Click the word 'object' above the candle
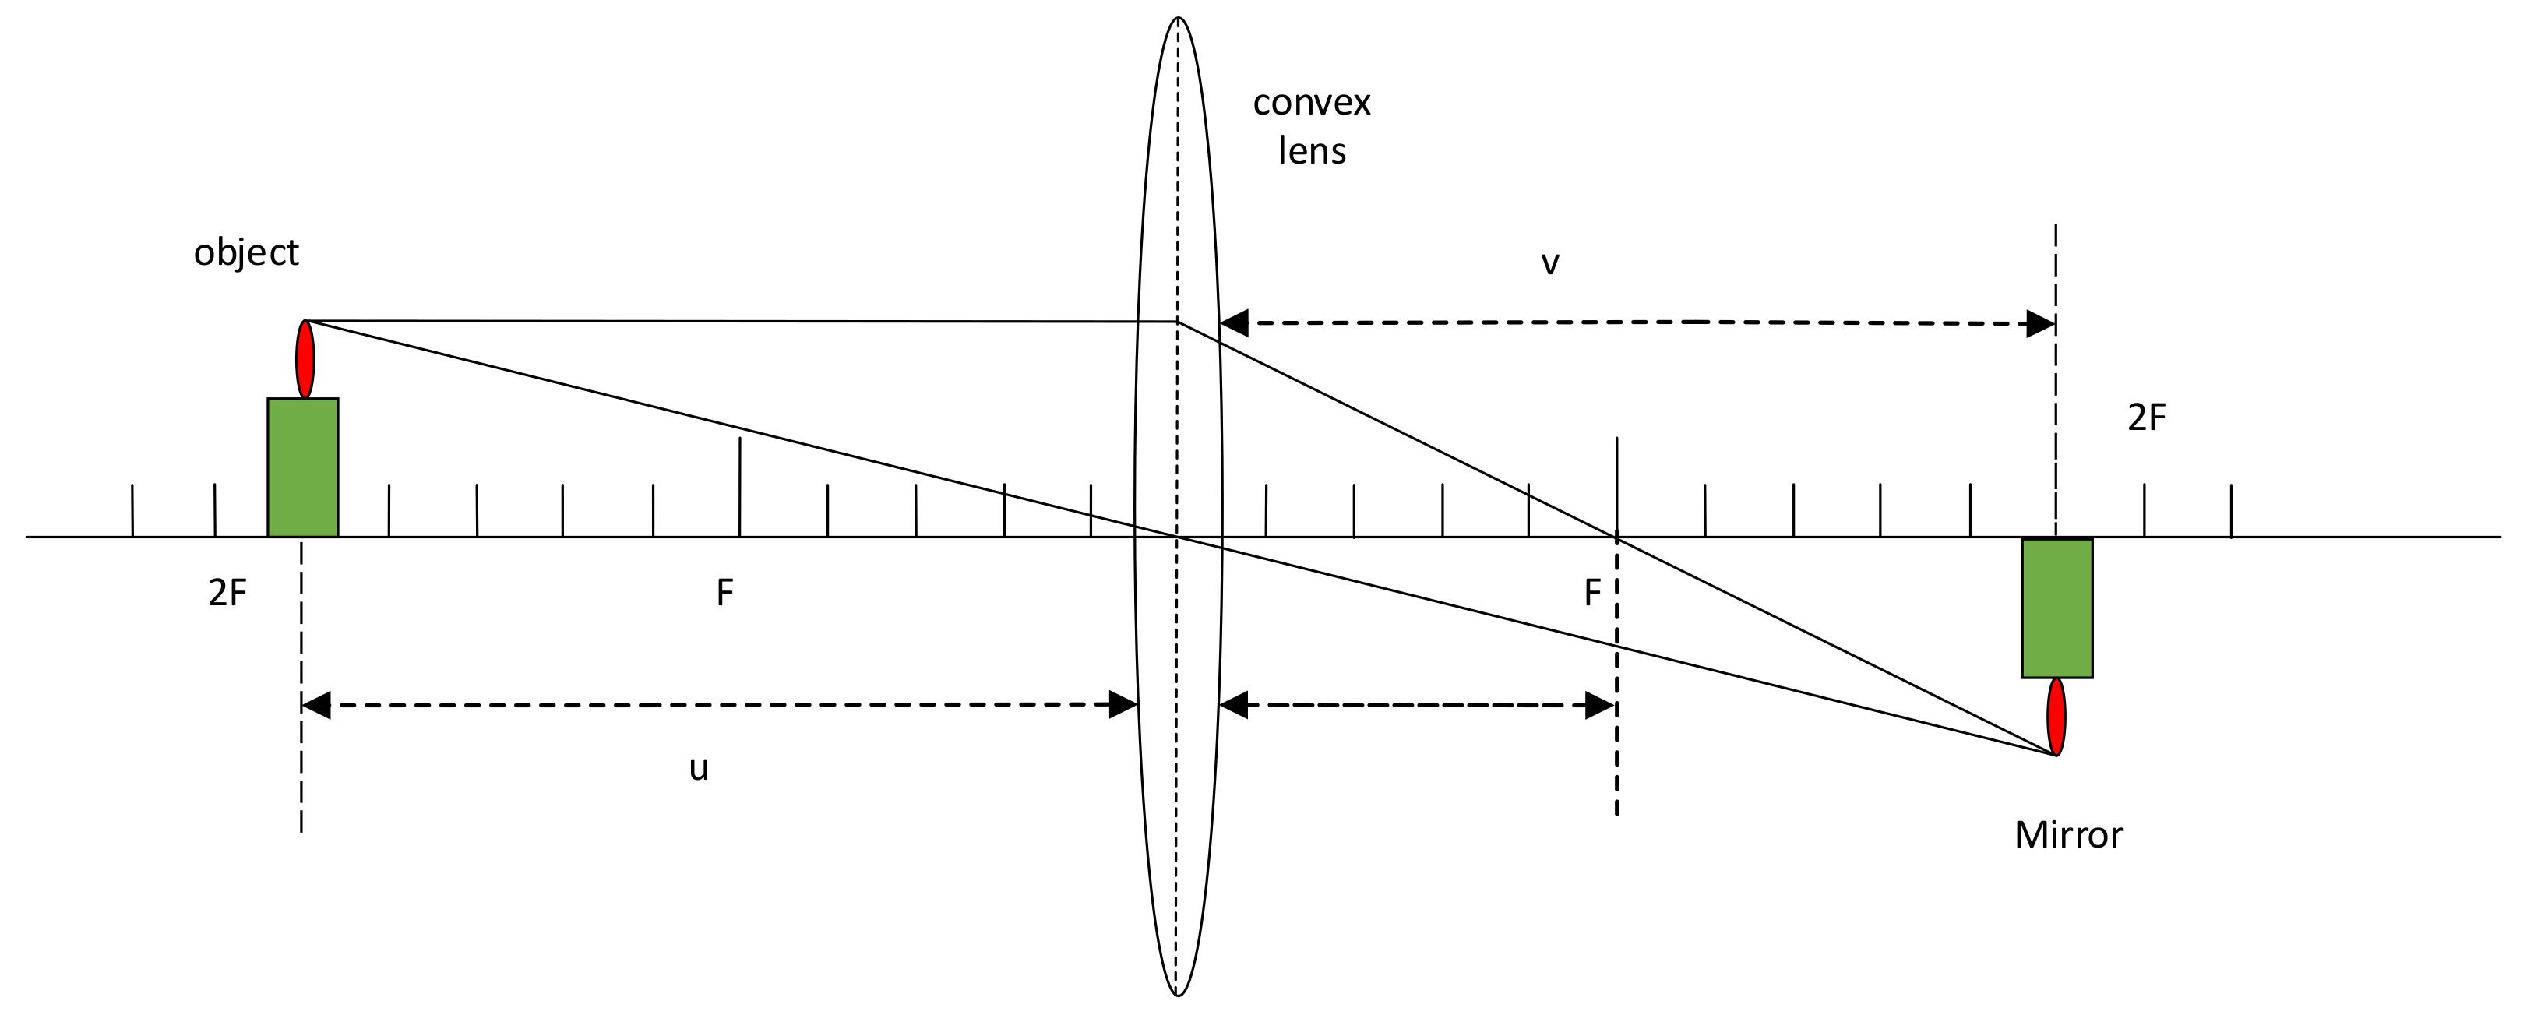(245, 253)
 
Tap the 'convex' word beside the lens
(1312, 103)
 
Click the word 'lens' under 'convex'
(1312, 151)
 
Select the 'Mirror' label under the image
(2068, 835)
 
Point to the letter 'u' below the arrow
(699, 768)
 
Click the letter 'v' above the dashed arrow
(1550, 263)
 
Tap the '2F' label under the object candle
(227, 593)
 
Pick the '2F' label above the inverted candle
(2146, 418)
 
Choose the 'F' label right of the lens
(1592, 593)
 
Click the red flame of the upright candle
(305, 359)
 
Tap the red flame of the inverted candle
(2056, 716)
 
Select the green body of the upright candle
(303, 467)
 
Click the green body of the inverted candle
(2057, 608)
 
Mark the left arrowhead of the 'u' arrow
(317, 704)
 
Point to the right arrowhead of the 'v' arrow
(2040, 324)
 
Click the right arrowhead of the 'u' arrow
(1123, 704)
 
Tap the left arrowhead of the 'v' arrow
(1234, 322)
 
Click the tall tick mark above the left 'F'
(740, 461)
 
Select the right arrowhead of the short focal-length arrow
(1599, 705)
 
